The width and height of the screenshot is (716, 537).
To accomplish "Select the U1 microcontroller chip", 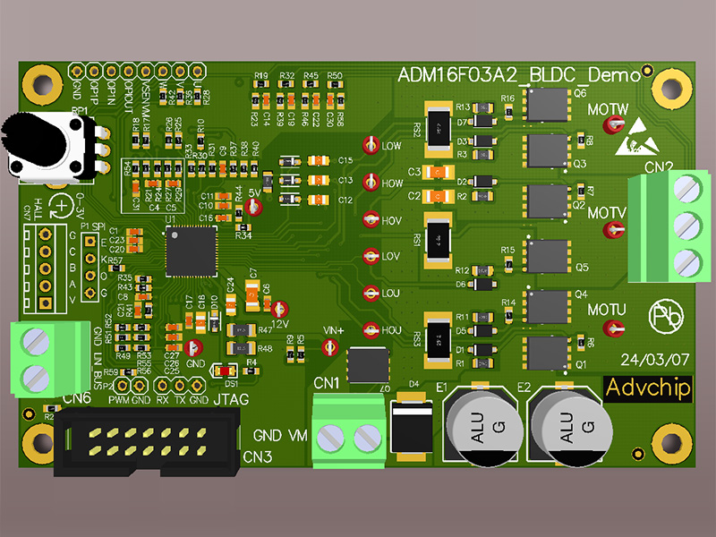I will pyautogui.click(x=191, y=251).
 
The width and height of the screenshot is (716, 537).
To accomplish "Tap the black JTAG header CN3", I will pyautogui.click(x=149, y=447).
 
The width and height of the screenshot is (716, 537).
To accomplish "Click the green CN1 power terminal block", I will pyautogui.click(x=349, y=438).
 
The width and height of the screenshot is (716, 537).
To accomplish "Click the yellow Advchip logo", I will pyautogui.click(x=649, y=388).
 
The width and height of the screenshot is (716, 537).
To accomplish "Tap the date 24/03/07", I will pyautogui.click(x=656, y=359).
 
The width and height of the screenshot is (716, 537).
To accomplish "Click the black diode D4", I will pyautogui.click(x=413, y=431).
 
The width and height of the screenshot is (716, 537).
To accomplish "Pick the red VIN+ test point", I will pyautogui.click(x=329, y=348).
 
